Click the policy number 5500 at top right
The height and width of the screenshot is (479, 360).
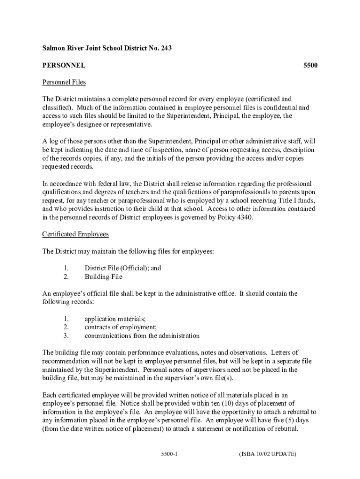point(310,65)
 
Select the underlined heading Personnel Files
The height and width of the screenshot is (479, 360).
point(64,82)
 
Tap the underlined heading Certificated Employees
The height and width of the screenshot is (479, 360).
point(75,234)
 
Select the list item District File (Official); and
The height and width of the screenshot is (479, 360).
point(122,269)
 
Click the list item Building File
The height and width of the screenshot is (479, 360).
point(103,277)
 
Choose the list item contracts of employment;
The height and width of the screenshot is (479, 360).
point(120,327)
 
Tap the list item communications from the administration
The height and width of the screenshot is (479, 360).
point(142,336)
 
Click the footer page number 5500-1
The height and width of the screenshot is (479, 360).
point(168,454)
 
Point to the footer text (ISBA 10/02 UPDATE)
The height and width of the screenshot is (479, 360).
point(267,454)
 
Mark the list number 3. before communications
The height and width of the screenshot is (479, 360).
point(66,336)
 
